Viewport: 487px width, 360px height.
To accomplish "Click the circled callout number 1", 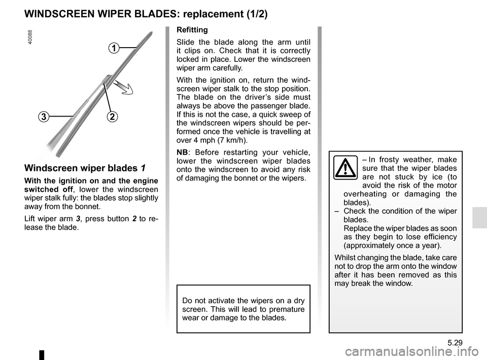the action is [x=114, y=48].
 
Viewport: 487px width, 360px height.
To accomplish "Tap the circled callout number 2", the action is [x=113, y=117].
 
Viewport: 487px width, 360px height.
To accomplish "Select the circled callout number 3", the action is [x=44, y=117].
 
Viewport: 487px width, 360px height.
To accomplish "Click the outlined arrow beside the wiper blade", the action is [x=123, y=87].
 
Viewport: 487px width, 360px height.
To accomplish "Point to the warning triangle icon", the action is [x=345, y=168].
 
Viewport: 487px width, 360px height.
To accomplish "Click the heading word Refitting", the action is [x=192, y=30].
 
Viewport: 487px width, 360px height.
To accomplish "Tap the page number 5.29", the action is [x=455, y=343].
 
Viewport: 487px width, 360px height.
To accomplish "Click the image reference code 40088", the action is [x=30, y=37].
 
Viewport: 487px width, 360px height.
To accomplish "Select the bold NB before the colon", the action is [x=182, y=153].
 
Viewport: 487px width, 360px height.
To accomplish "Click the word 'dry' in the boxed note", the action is [x=299, y=301].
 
